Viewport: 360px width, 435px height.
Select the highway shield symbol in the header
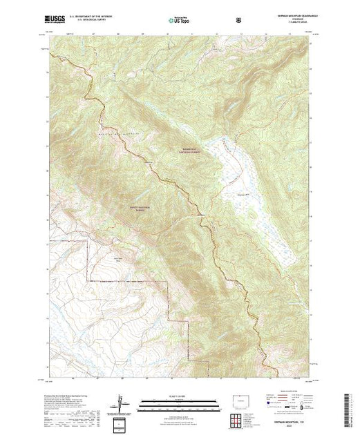click(238, 19)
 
